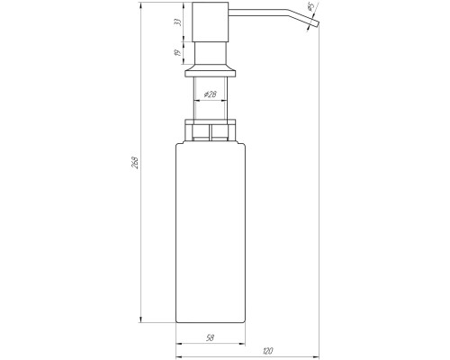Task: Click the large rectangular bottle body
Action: [x=209, y=234]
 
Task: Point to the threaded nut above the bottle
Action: [x=209, y=130]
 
